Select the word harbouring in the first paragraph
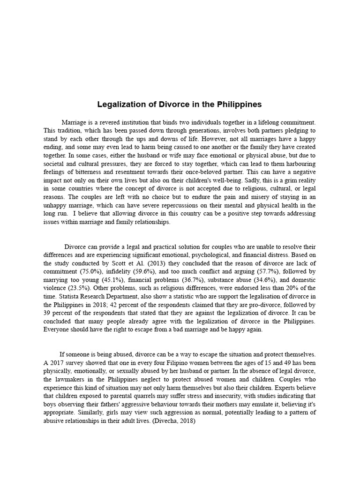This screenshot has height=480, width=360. point(300,164)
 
